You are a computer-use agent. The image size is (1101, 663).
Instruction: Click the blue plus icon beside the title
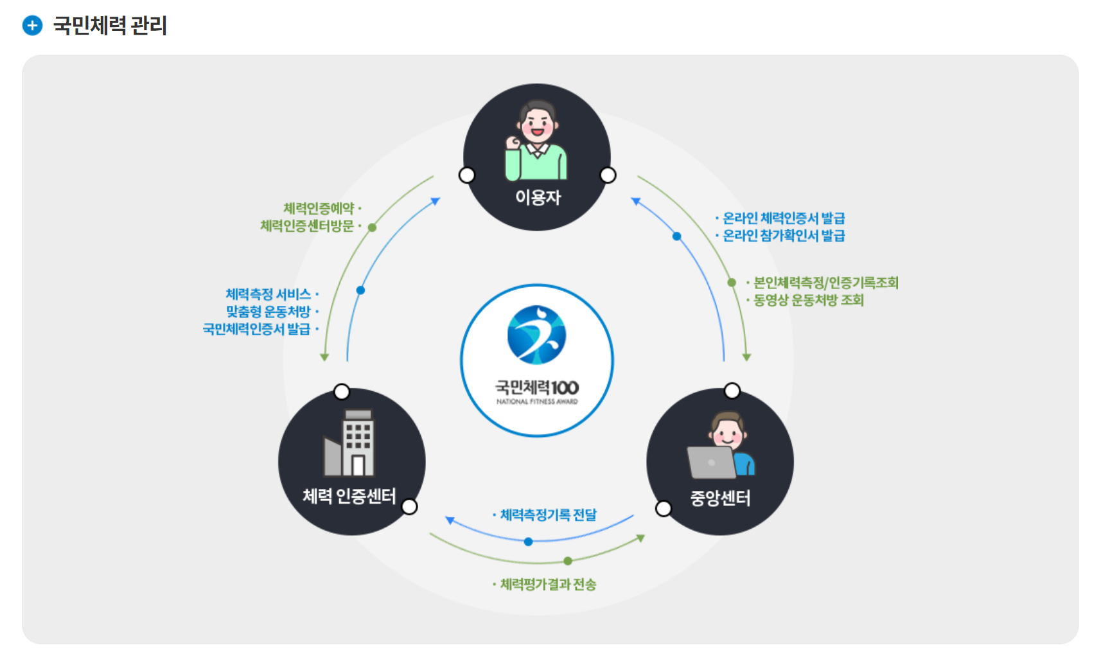pyautogui.click(x=32, y=26)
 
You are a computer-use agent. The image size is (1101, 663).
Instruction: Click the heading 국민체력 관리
pyautogui.click(x=110, y=26)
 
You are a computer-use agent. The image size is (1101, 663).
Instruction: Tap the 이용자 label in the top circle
pyautogui.click(x=538, y=197)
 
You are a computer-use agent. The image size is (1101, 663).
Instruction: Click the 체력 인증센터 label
pyautogui.click(x=349, y=497)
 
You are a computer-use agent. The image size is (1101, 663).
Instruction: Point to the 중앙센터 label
pyautogui.click(x=720, y=499)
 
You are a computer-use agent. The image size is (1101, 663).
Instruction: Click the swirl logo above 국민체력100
pyautogui.click(x=536, y=335)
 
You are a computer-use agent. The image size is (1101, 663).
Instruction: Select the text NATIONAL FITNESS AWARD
pyautogui.click(x=537, y=402)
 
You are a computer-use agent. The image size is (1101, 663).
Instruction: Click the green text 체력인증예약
pyautogui.click(x=319, y=208)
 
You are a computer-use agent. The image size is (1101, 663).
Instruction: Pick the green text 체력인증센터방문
pyautogui.click(x=307, y=226)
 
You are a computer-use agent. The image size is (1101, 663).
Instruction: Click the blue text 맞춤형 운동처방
pyautogui.click(x=268, y=312)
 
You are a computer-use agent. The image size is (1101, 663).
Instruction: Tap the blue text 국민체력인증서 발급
pyautogui.click(x=256, y=329)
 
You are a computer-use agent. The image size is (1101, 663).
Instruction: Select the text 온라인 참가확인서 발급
pyautogui.click(x=784, y=236)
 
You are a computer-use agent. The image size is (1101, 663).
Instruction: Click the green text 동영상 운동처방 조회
pyautogui.click(x=808, y=300)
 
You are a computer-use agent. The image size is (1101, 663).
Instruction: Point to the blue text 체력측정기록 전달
pyautogui.click(x=548, y=515)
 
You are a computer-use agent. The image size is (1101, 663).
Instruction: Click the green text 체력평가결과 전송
pyautogui.click(x=548, y=585)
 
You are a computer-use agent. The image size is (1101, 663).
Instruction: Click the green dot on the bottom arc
pyautogui.click(x=568, y=561)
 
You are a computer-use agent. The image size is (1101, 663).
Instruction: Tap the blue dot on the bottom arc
pyautogui.click(x=528, y=542)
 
